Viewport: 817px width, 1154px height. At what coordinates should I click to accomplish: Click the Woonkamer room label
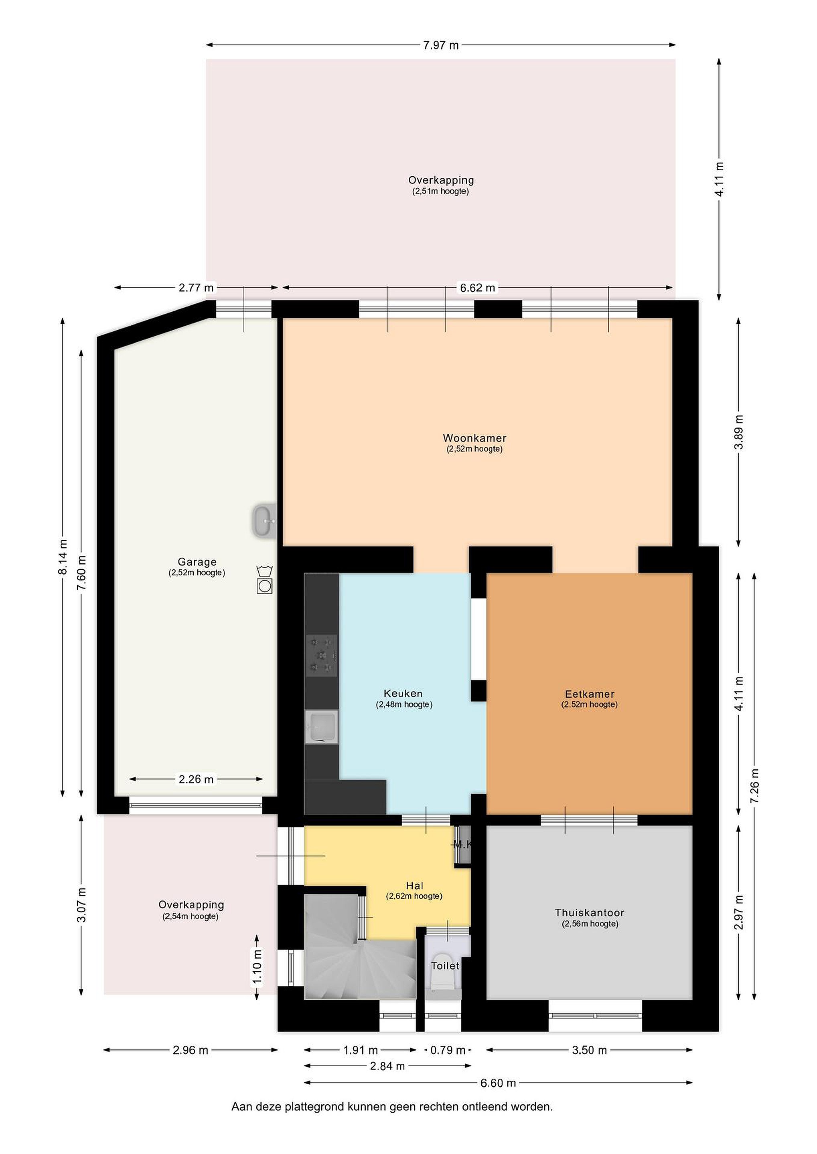[474, 438]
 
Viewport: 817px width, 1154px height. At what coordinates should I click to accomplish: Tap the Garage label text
[197, 562]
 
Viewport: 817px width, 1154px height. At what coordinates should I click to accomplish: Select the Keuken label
[403, 694]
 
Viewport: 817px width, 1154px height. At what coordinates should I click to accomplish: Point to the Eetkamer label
[589, 694]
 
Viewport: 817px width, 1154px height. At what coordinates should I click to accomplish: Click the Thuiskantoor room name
[589, 912]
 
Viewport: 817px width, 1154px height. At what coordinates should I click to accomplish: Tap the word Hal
[415, 886]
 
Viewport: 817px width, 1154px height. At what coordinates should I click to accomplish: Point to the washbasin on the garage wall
[265, 521]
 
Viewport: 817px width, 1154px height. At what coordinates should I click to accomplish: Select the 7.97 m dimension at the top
[441, 45]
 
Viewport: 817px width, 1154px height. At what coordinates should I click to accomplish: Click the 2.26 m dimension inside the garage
[196, 779]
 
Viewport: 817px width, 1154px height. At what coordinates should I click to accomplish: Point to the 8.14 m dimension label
[63, 557]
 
